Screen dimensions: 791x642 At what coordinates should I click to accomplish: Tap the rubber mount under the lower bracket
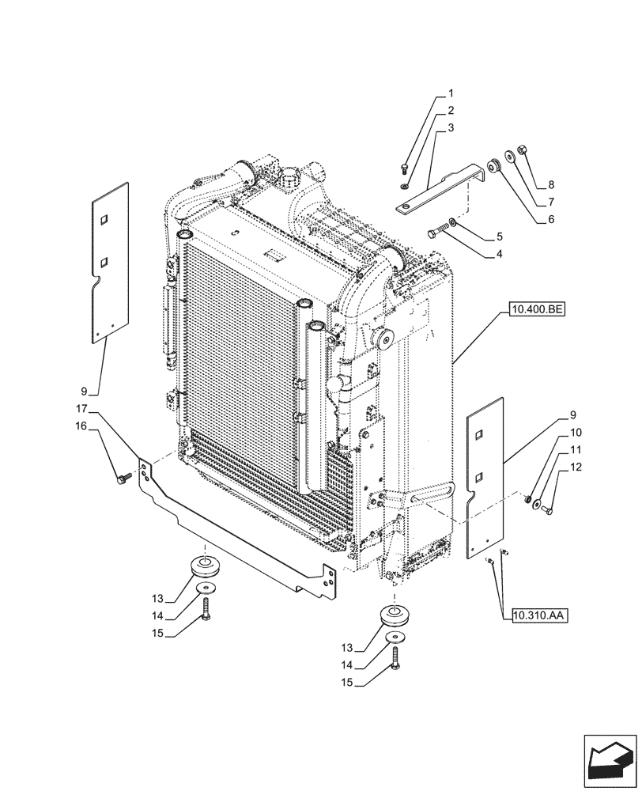205,567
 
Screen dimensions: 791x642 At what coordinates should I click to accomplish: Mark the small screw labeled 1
404,168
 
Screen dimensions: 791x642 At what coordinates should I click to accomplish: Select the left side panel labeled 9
108,261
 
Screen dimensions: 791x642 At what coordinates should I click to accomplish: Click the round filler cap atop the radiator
295,173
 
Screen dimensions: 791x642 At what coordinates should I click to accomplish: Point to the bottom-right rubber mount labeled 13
393,615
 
